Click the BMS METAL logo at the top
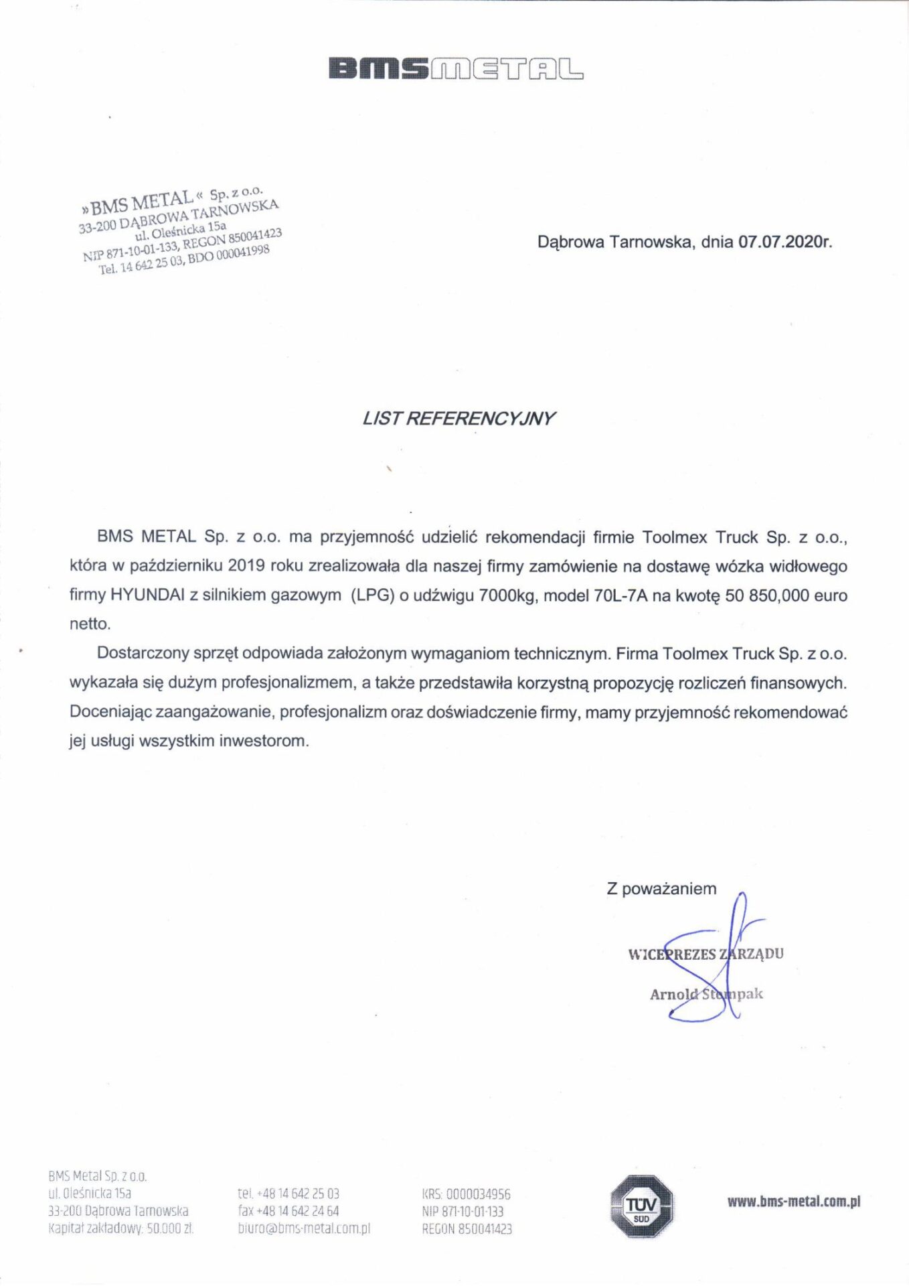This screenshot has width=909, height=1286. click(x=455, y=69)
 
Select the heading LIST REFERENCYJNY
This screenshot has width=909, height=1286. click(x=459, y=419)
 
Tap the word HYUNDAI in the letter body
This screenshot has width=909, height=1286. click(x=147, y=595)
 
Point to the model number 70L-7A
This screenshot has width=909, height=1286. click(x=621, y=595)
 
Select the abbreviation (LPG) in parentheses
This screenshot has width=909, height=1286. click(x=372, y=595)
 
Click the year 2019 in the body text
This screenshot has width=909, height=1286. click(x=247, y=566)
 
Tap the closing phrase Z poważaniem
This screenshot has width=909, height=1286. click(x=661, y=889)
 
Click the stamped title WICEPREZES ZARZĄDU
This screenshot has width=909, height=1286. click(x=706, y=954)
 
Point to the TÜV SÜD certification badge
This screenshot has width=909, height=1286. click(x=641, y=1207)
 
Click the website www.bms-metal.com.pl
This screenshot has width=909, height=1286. click(x=793, y=1201)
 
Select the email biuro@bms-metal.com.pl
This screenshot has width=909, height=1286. click(x=304, y=1228)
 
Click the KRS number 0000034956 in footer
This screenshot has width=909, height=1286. click(x=478, y=1194)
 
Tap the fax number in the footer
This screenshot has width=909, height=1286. click(x=288, y=1211)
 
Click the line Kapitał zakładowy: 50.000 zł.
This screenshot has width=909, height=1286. click(x=121, y=1228)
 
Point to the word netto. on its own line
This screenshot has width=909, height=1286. click(x=90, y=624)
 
